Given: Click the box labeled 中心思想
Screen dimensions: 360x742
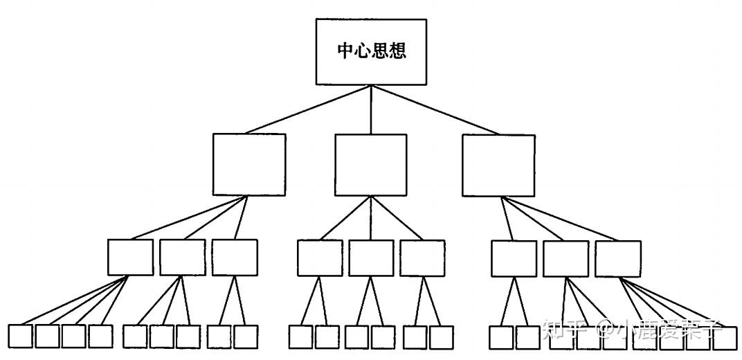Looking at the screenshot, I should [370, 51].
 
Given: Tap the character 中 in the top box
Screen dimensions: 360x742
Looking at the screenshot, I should [345, 52].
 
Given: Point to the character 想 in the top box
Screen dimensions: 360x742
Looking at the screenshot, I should [397, 52].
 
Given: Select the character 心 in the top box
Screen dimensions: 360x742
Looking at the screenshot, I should [363, 52].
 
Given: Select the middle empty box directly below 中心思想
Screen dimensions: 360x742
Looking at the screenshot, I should [370, 165].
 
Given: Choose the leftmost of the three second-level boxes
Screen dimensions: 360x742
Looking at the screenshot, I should [248, 165].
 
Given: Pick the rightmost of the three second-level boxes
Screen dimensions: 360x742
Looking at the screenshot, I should [498, 165].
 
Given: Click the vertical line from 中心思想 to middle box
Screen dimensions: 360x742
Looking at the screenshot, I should [371, 109].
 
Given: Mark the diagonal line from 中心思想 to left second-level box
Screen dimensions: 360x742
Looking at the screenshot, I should [308, 109].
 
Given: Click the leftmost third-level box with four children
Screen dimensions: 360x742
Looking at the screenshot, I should [130, 258].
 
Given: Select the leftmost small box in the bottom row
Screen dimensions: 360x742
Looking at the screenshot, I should [20, 336].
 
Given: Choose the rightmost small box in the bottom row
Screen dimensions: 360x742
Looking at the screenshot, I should [725, 337].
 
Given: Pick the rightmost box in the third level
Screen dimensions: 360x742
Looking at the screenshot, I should [617, 258].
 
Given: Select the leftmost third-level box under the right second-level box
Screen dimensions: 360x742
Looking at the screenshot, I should [514, 258].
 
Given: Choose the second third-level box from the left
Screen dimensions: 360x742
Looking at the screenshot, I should [182, 258].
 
